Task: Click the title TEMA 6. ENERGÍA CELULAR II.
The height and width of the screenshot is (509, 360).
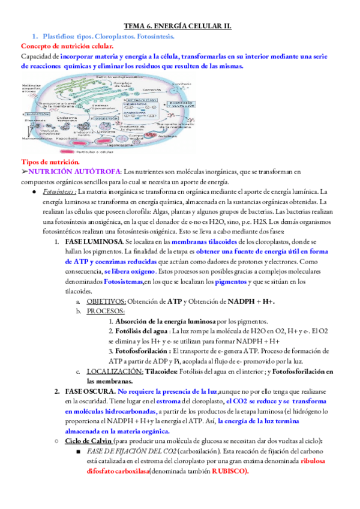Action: tap(181, 26)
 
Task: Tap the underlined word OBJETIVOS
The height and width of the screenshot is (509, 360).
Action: tap(106, 301)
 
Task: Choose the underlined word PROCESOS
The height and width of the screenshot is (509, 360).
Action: tap(106, 311)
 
